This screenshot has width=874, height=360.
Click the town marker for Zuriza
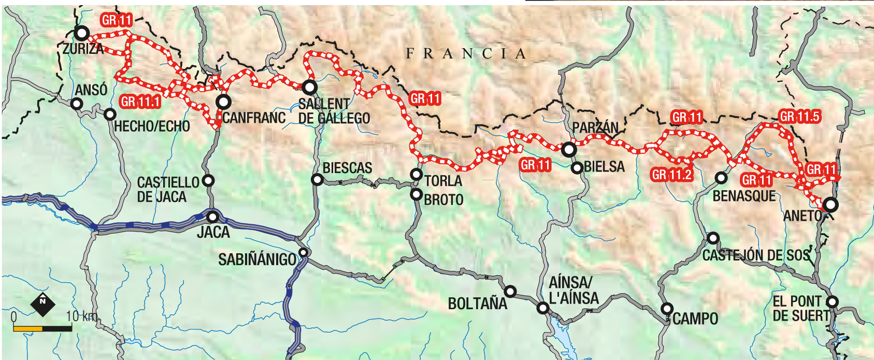point(81,33)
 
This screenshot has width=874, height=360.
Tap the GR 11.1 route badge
point(140,102)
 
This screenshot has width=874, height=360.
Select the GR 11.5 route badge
point(799,117)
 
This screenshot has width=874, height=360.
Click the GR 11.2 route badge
point(671,175)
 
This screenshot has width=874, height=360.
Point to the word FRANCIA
point(466,53)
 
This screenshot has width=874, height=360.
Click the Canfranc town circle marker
point(223,101)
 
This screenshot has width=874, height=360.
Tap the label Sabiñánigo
point(257,259)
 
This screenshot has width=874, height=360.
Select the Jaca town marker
point(212,217)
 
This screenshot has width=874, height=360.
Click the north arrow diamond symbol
point(42,304)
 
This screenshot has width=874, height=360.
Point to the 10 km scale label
point(81,316)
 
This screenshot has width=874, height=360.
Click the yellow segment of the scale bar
point(27,328)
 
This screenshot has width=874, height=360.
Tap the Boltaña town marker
point(510,292)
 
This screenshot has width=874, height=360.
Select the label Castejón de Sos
point(756,255)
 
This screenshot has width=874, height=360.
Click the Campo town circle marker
point(667,309)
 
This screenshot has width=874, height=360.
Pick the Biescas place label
point(347,168)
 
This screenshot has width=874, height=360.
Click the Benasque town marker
point(721,178)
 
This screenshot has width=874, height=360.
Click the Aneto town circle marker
point(830,205)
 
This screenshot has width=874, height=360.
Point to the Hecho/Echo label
point(152,126)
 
